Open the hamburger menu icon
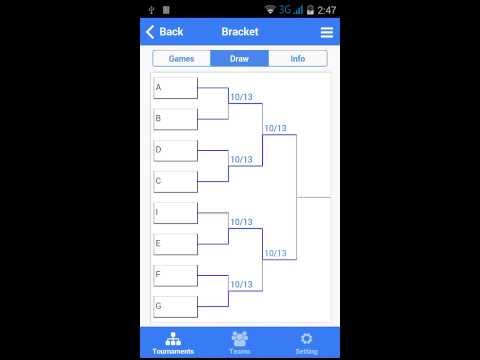326,32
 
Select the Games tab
181,59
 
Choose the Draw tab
239,59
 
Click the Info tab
298,59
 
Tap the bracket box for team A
175,88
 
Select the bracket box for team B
175,119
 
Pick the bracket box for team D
175,150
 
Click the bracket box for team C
175,181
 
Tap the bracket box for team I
175,213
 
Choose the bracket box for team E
175,244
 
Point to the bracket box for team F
175,275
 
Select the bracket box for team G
175,306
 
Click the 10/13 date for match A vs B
241,98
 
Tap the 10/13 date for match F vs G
241,285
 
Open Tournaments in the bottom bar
173,342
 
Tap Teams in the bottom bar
240,342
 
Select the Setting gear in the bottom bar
306,342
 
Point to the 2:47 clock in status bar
326,9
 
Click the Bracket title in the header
239,32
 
